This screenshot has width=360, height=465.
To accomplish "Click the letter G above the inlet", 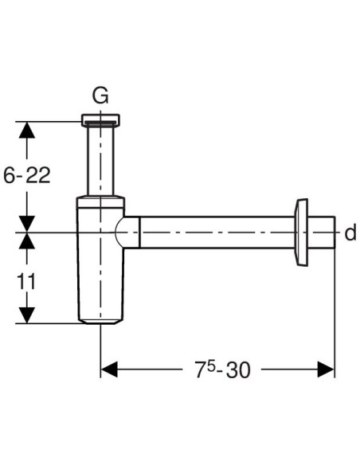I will pos(100,96).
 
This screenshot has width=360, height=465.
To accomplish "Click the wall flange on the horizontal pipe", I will pos(303,231).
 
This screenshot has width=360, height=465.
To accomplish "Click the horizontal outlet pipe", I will pos(215,232).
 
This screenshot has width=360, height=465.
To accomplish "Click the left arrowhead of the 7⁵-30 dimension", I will pos(109,369).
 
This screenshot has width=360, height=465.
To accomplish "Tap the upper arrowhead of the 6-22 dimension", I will pos(27,130).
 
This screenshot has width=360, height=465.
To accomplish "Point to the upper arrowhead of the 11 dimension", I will pos(27,241).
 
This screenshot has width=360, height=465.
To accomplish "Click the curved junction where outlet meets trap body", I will pos(126,232).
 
